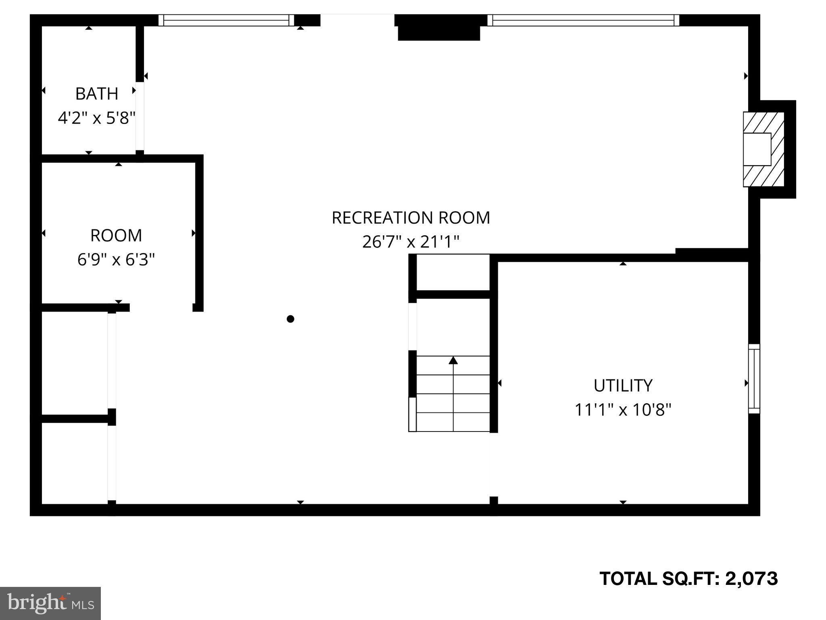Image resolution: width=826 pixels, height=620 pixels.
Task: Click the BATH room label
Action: pos(97,94)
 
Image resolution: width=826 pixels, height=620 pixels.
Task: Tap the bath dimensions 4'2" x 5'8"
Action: pos(97,118)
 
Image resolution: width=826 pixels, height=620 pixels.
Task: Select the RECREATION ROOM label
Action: pos(411,218)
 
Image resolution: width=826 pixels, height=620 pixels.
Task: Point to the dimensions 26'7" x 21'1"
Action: pos(411,242)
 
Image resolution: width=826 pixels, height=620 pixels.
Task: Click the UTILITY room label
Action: pos(623,386)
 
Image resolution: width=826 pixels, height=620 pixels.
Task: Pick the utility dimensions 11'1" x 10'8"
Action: pos(623,410)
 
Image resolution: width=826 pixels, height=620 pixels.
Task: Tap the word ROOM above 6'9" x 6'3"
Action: pos(116,236)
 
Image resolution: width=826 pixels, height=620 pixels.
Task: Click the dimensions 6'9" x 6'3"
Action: pos(116,260)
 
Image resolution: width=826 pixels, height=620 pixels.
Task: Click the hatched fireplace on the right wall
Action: pos(763,149)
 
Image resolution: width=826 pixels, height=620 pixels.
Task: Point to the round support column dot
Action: pos(290,319)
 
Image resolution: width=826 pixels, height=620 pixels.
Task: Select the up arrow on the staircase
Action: pos(453,360)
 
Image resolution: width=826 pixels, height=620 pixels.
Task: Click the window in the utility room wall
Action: pos(754,379)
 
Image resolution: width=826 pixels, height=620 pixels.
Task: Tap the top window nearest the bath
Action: pos(226,20)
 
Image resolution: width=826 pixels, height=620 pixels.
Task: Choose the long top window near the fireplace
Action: pos(583,20)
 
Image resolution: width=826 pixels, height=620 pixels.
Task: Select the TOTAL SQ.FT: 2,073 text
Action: pos(688,578)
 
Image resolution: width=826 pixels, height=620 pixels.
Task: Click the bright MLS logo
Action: pos(50,603)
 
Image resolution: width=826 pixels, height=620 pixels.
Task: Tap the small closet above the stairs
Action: pos(453,272)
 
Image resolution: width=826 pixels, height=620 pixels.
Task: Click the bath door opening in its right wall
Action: pos(140,116)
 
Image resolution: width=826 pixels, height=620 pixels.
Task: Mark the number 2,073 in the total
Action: pos(751,578)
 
